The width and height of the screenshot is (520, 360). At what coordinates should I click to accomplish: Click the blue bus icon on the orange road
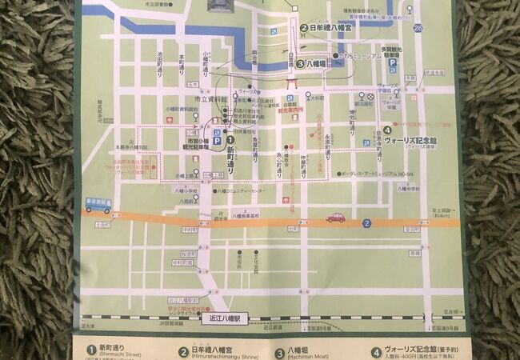pos(98,206)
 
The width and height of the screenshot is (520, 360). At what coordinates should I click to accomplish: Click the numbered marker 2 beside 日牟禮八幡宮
pos(304,27)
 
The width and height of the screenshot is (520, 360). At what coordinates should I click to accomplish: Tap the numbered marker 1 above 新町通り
pos(230,137)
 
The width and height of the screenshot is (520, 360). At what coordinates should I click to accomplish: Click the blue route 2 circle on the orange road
pos(366,223)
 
